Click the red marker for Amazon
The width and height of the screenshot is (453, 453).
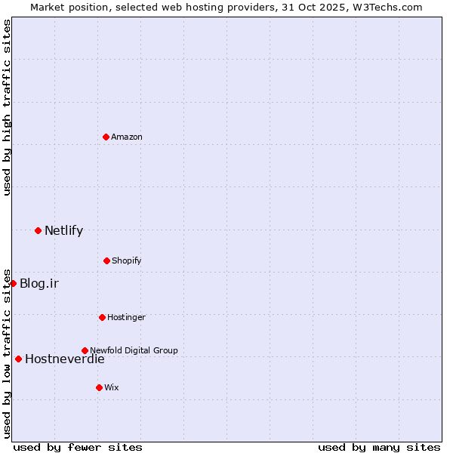[x=106, y=137]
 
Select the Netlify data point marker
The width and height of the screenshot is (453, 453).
[x=38, y=230]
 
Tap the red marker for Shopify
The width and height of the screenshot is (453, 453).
[x=106, y=260]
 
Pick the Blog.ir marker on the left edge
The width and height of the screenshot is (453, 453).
[x=13, y=283]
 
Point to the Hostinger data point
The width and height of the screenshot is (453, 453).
[x=102, y=317]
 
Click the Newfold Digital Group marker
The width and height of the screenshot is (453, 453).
[x=85, y=350]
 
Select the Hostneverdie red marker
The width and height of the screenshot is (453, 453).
[x=18, y=359]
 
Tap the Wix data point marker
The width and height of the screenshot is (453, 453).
[x=99, y=387]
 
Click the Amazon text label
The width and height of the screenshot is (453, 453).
[x=127, y=137]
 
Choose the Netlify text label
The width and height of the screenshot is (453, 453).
[x=63, y=231]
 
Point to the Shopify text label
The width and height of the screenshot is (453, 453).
[x=127, y=260]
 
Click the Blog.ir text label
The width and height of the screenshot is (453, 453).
[x=39, y=284]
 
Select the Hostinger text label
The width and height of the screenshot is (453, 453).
[x=126, y=317]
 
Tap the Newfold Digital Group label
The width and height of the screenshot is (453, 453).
[x=134, y=350]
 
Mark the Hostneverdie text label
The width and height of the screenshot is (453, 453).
[x=65, y=359]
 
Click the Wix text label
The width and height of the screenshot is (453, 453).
[x=112, y=387]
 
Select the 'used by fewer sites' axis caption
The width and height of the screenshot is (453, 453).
[x=78, y=447]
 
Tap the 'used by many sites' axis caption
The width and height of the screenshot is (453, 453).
[x=379, y=447]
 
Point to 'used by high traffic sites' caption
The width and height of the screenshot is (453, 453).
[x=7, y=107]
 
